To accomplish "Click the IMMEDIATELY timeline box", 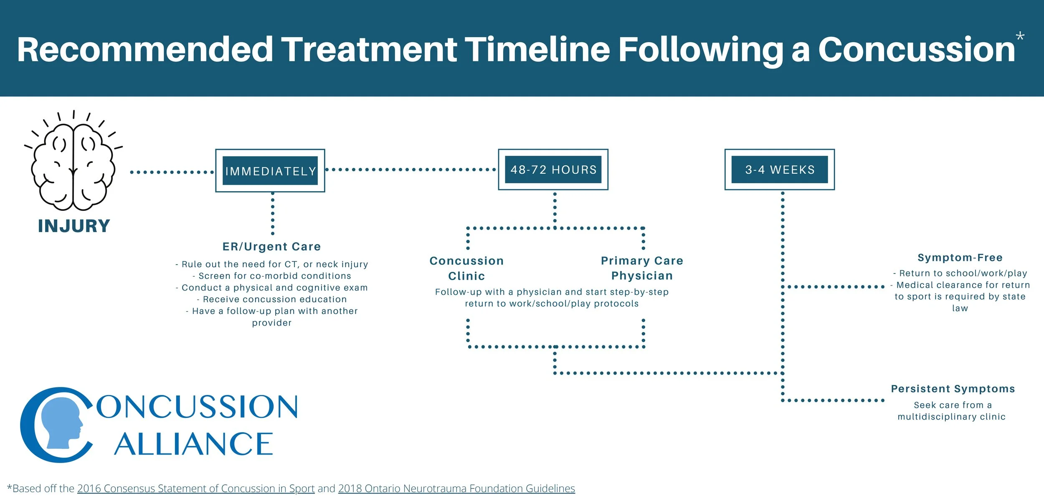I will pyautogui.click(x=270, y=171).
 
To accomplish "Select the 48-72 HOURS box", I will pyautogui.click(x=553, y=170).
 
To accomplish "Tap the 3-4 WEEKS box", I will pyautogui.click(x=780, y=170).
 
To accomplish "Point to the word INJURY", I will pyautogui.click(x=74, y=226).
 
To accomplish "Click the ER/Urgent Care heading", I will pyautogui.click(x=271, y=246).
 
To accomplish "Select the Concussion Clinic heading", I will pyautogui.click(x=466, y=268).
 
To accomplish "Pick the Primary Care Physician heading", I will pyautogui.click(x=642, y=268).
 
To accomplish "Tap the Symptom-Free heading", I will pyautogui.click(x=960, y=258).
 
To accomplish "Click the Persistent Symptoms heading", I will pyautogui.click(x=953, y=389).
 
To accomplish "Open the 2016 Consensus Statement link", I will pyautogui.click(x=196, y=488).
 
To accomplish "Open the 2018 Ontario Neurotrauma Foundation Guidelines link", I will pyautogui.click(x=456, y=488).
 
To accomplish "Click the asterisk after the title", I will pyautogui.click(x=1020, y=37).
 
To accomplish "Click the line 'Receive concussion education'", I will pyautogui.click(x=272, y=299).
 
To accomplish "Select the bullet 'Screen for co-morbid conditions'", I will pyautogui.click(x=272, y=276).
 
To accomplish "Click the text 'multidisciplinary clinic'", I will pyautogui.click(x=952, y=417).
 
